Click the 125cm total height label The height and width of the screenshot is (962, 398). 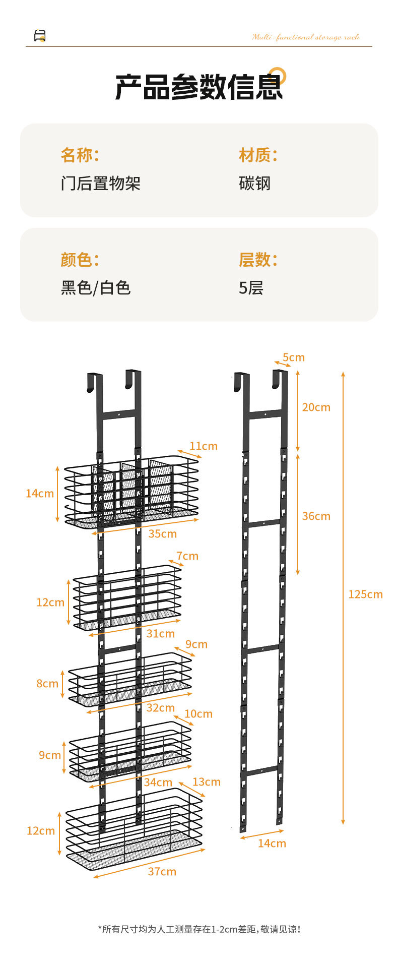tap(365, 594)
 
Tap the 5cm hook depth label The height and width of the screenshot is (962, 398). tap(294, 357)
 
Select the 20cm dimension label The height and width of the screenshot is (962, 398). tap(316, 407)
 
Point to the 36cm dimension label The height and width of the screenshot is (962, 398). tap(316, 516)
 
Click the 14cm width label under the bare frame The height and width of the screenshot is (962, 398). tap(272, 843)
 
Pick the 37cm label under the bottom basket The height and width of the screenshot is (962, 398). tap(162, 871)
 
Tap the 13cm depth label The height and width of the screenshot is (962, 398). tap(207, 781)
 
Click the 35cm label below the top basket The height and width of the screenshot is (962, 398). tap(162, 533)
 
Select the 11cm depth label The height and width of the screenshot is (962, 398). tap(204, 446)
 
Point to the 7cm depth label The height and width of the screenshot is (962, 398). tap(187, 556)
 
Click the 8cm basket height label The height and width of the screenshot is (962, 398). tap(47, 683)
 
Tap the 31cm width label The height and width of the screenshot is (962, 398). tap(160, 633)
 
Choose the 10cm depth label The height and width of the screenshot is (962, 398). tap(198, 714)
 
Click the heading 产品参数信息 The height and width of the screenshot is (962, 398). tap(199, 87)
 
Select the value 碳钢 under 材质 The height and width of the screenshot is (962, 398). tap(254, 183)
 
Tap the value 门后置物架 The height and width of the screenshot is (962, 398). tap(101, 183)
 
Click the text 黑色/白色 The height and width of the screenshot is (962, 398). tap(96, 287)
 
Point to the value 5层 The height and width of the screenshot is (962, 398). tap(251, 287)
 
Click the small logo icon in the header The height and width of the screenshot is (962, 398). tap(40, 36)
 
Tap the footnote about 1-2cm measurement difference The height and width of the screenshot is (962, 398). tap(199, 929)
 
